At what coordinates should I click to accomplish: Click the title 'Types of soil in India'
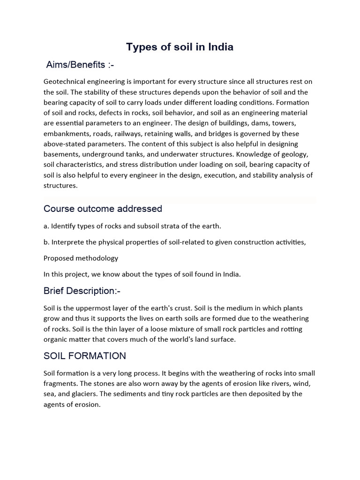pyautogui.click(x=180, y=47)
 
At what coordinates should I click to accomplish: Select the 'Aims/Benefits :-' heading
pyautogui.click(x=80, y=65)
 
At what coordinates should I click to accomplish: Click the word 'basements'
pyautogui.click(x=61, y=154)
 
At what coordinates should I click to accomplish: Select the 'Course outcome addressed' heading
pyautogui.click(x=103, y=209)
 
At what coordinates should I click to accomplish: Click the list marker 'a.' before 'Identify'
pyautogui.click(x=46, y=226)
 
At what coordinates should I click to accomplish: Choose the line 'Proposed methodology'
pyautogui.click(x=81, y=258)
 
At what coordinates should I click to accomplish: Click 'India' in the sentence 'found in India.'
pyautogui.click(x=230, y=274)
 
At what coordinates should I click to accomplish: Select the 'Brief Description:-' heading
pyautogui.click(x=82, y=291)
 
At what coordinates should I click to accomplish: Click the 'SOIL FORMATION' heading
pyautogui.click(x=85, y=356)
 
